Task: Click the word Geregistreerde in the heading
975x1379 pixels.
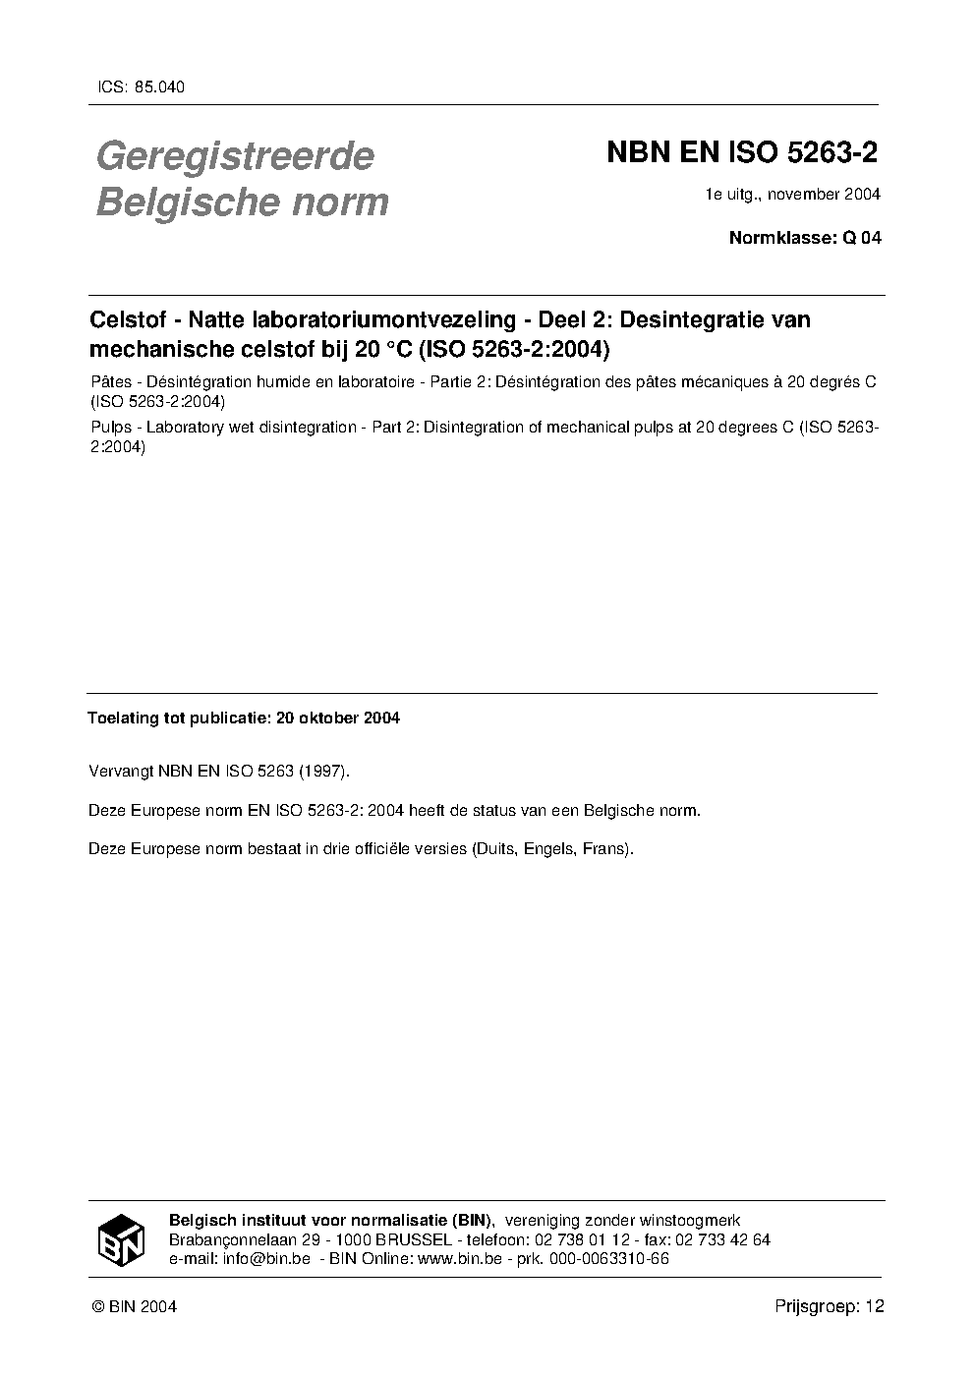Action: (x=235, y=156)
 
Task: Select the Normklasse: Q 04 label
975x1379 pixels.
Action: (x=804, y=237)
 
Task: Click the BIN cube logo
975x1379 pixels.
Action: (x=121, y=1238)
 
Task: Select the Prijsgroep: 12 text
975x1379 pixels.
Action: (x=830, y=1307)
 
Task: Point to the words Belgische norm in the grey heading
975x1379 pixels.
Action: (x=242, y=202)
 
